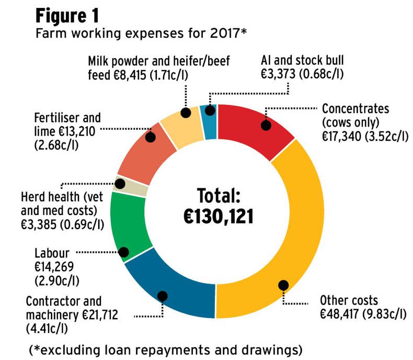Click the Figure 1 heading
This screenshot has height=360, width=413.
coord(68,16)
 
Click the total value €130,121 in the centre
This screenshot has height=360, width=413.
coord(218,215)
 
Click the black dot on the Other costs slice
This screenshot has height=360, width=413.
coord(283,286)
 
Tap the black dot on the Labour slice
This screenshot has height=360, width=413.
coord(124,252)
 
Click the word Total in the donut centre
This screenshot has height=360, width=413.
coord(218,195)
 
